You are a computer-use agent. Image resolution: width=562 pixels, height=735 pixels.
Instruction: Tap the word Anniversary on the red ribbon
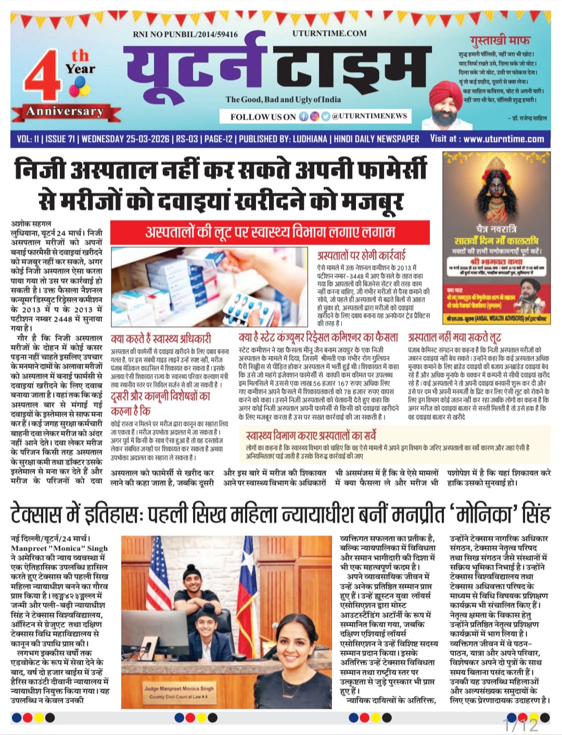(65, 111)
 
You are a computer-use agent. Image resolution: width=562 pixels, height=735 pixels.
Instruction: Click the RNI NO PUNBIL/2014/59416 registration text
(185, 34)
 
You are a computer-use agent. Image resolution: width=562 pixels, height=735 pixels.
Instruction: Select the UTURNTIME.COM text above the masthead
(329, 33)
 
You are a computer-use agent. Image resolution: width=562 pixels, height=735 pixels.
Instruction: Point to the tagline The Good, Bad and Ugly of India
(283, 99)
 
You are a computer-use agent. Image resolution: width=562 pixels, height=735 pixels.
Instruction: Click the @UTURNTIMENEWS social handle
(369, 116)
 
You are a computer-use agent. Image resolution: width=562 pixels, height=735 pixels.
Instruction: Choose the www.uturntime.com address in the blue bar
(503, 139)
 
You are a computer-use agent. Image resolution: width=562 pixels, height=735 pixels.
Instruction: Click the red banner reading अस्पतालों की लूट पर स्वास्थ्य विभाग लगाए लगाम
(270, 232)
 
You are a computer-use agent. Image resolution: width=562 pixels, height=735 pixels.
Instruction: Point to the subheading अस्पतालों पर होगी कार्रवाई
(361, 256)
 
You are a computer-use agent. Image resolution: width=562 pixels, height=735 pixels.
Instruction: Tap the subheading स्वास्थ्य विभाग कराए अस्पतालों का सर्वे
(311, 435)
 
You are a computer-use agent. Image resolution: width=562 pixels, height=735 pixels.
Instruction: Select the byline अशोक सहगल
(31, 224)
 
